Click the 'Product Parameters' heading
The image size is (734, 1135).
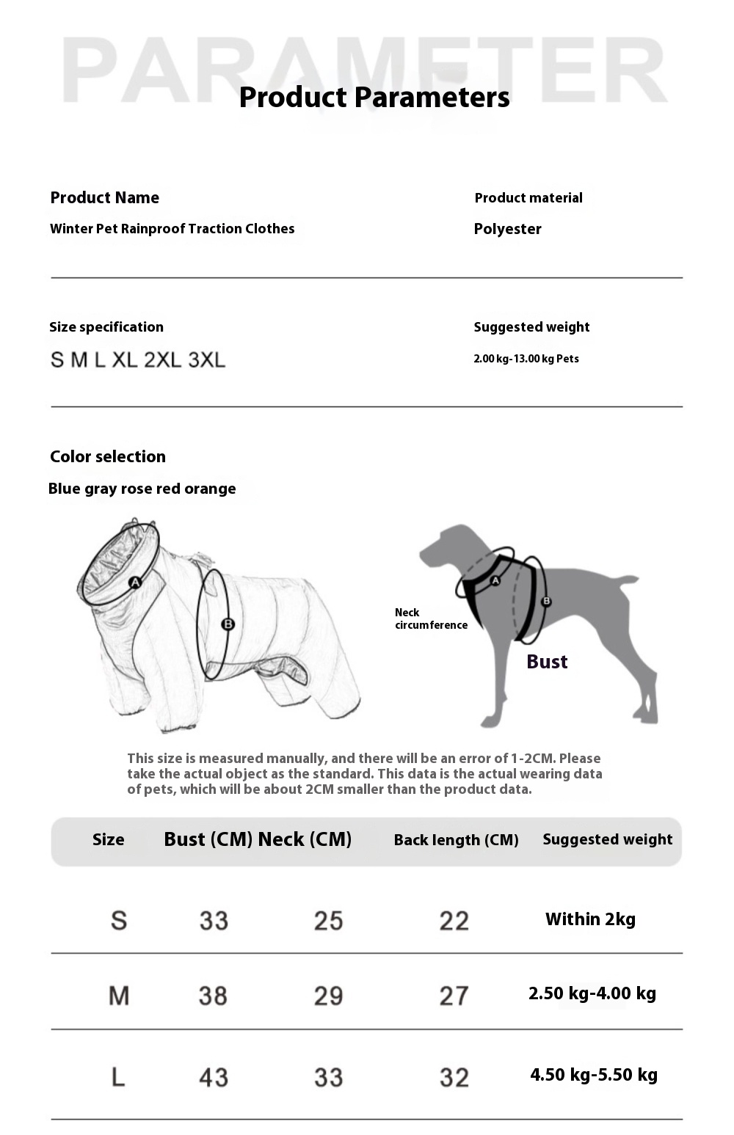[x=374, y=98]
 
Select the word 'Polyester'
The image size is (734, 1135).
[x=507, y=229]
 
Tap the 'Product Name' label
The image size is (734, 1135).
[x=104, y=198]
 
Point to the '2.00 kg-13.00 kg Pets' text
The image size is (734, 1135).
[x=526, y=359]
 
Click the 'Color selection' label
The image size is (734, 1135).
[x=108, y=456]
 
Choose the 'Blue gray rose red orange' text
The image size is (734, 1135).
[x=142, y=489]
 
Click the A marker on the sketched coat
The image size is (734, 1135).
[x=135, y=583]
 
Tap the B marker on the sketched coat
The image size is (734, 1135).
[x=228, y=624]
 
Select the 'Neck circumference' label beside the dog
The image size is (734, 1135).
[x=430, y=618]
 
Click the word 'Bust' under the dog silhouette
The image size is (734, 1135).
[x=547, y=662]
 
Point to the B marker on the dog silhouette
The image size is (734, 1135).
[x=546, y=602]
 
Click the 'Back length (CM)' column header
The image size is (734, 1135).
[x=456, y=840]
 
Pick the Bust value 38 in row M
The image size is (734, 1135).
[x=213, y=996]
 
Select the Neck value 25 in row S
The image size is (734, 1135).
[x=328, y=921]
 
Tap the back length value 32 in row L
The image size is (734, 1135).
[x=454, y=1077]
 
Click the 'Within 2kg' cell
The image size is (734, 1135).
[x=590, y=919]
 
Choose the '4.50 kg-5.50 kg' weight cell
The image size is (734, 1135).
[x=593, y=1075]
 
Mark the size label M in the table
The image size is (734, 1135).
[x=119, y=996]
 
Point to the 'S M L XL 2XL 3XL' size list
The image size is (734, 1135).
[x=138, y=360]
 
